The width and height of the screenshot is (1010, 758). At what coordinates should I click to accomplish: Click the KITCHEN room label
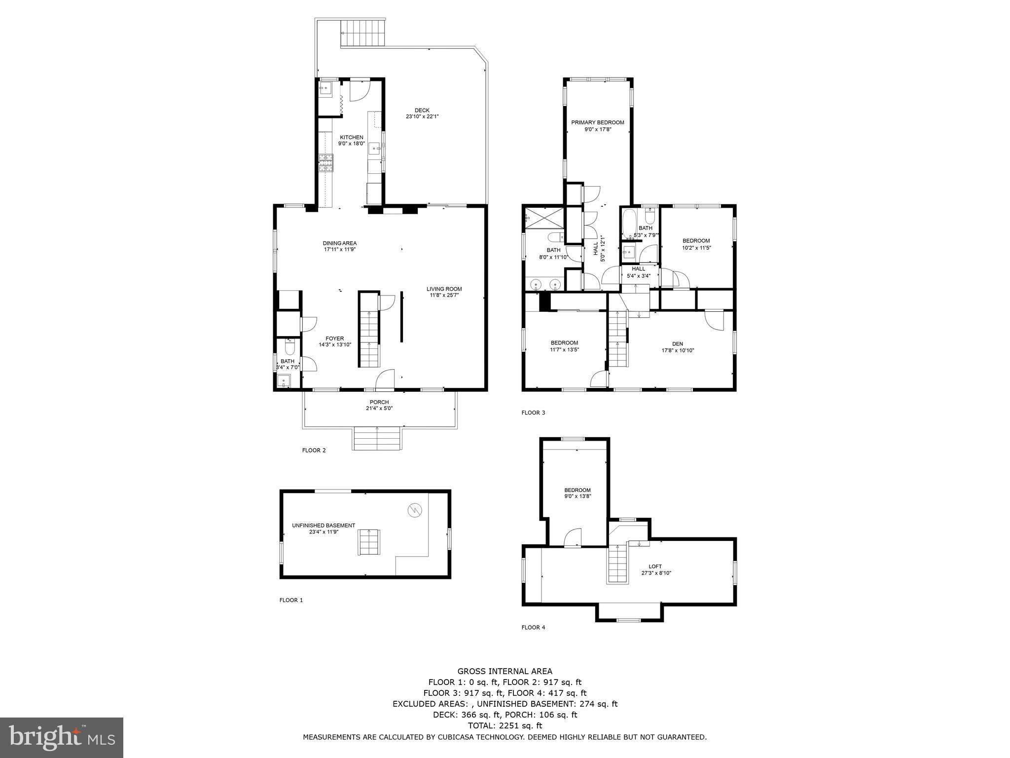pos(351,137)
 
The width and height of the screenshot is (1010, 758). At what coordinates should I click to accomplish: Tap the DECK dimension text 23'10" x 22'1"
pos(422,117)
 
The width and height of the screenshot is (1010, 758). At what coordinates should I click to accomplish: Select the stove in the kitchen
pos(325,163)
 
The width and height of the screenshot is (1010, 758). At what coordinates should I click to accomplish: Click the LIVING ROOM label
pos(444,289)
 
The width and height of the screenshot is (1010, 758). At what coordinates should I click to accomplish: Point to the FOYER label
pos(334,339)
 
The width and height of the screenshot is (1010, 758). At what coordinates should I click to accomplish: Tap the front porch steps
pos(377,438)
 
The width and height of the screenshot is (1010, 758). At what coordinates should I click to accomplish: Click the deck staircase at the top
pos(362,34)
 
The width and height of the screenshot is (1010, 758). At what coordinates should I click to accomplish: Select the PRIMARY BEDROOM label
pos(597,122)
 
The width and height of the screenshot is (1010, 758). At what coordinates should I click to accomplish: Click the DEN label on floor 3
pos(677,344)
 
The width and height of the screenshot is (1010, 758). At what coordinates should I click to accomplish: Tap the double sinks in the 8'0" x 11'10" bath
pos(546,284)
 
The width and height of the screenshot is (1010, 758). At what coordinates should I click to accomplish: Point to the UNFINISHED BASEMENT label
pos(323,526)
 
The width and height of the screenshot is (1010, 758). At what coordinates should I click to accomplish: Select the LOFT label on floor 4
pos(655,567)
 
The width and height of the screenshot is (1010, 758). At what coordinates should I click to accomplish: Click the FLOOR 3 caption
pos(533,413)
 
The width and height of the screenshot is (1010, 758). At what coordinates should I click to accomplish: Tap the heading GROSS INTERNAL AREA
pos(505,671)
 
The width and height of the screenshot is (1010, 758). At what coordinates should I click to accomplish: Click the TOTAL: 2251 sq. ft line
pos(505,725)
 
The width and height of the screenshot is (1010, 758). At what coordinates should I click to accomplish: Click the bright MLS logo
pos(62,737)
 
